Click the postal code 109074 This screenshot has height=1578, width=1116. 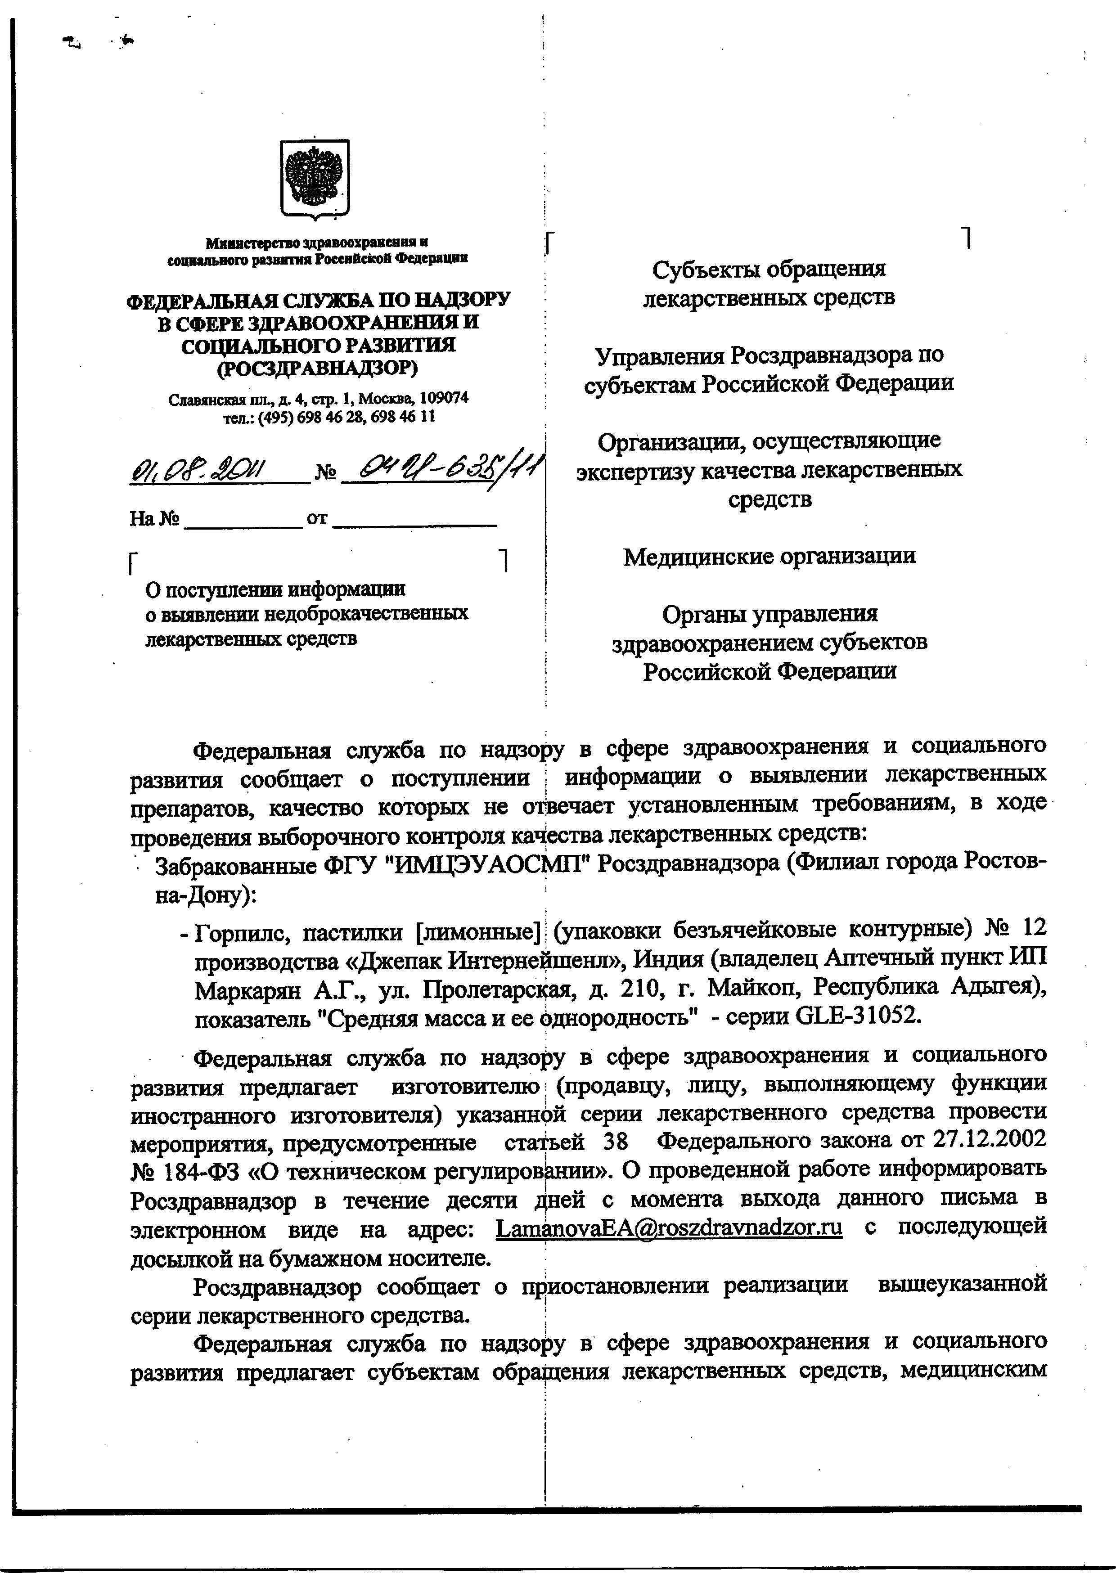[x=444, y=398]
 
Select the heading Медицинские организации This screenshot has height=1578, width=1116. [x=769, y=556]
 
